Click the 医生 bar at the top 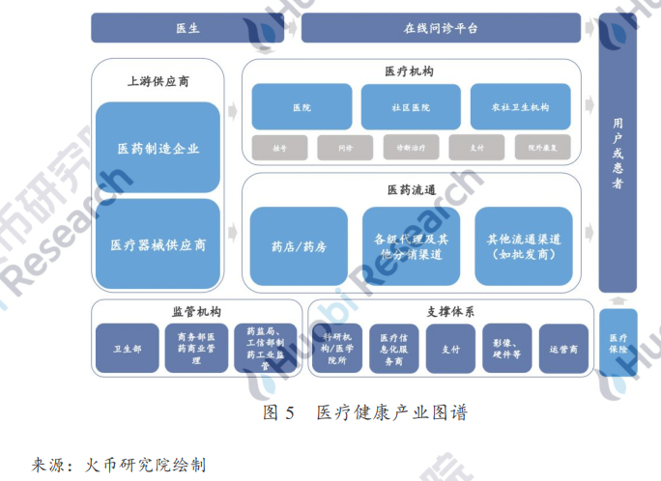tap(187, 28)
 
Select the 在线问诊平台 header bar tap(441, 28)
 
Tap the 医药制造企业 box tap(158, 149)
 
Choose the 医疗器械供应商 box tap(158, 244)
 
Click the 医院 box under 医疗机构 tap(301, 107)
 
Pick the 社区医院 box tap(410, 107)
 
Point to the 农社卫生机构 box tap(520, 107)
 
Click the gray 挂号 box tap(279, 149)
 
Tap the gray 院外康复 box tap(541, 149)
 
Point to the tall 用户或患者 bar tap(618, 155)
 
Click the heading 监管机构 tap(196, 312)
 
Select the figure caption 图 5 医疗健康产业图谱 tap(365, 412)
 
